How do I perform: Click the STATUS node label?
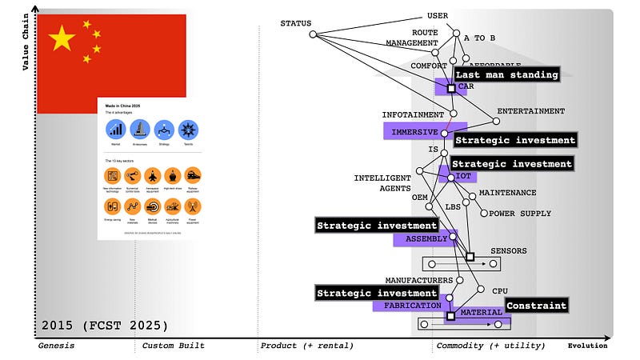pyautogui.click(x=295, y=23)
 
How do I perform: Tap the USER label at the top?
pyautogui.click(x=437, y=15)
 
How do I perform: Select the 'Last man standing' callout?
pyautogui.click(x=506, y=74)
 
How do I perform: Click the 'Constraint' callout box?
pyautogui.click(x=536, y=306)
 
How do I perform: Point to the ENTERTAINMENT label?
pyautogui.click(x=530, y=111)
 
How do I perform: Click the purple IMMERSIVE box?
pyautogui.click(x=415, y=131)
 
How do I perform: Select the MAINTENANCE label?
pyautogui.click(x=507, y=193)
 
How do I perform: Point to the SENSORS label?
pyautogui.click(x=508, y=251)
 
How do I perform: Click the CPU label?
pyautogui.click(x=499, y=291)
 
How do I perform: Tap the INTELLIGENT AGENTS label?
pyautogui.click(x=382, y=183)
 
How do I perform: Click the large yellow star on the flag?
pyautogui.click(x=62, y=38)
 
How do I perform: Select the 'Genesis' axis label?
pyautogui.click(x=55, y=346)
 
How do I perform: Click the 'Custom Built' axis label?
pyautogui.click(x=173, y=346)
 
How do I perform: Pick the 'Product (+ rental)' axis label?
pyautogui.click(x=306, y=346)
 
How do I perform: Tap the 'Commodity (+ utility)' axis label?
pyautogui.click(x=490, y=346)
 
